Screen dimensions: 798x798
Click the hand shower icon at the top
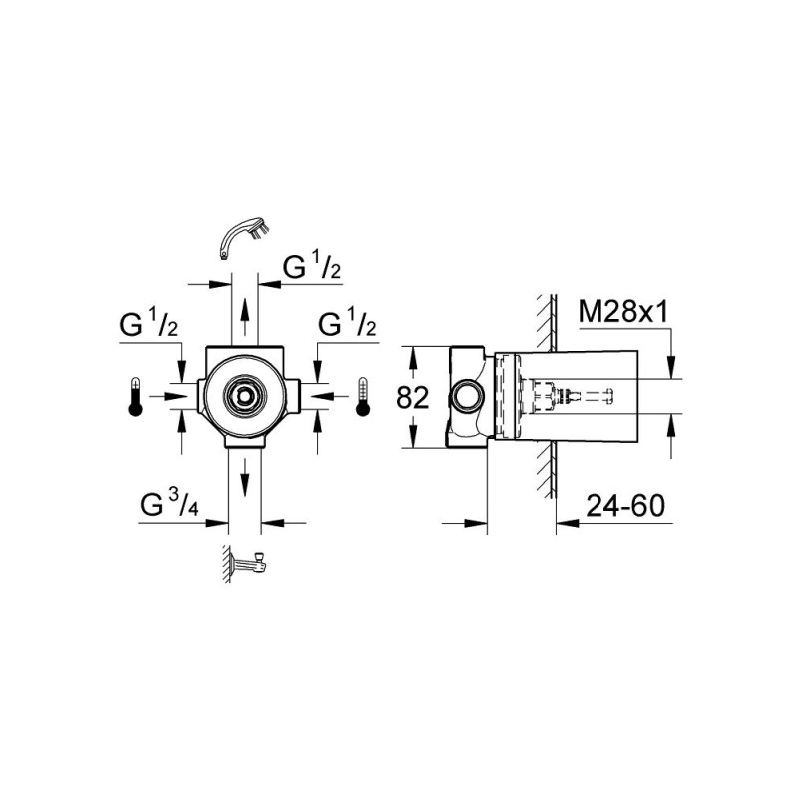click(x=246, y=238)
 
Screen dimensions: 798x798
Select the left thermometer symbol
click(x=135, y=397)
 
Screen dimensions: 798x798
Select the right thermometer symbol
click(x=362, y=397)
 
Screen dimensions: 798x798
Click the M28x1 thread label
click(x=623, y=312)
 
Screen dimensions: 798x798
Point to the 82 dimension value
click(x=413, y=397)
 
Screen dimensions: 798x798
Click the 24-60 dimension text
click(x=625, y=506)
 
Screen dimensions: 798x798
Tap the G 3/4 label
click(x=169, y=504)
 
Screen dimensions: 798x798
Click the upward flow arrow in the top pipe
click(x=244, y=315)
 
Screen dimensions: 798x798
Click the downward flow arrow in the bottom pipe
click(x=245, y=477)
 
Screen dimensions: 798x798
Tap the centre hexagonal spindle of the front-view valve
click(x=244, y=396)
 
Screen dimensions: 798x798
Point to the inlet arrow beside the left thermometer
click(x=175, y=396)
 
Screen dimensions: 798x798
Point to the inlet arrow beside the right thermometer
click(x=321, y=396)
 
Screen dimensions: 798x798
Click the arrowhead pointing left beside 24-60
click(x=568, y=522)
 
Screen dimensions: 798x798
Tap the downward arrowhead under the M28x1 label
click(x=672, y=367)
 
